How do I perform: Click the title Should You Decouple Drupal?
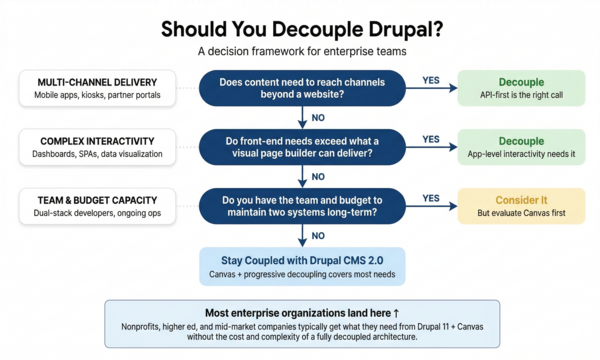(x=300, y=28)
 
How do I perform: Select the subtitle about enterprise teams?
(x=300, y=51)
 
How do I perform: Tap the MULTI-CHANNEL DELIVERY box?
(x=97, y=88)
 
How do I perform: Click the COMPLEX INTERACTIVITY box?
(x=97, y=148)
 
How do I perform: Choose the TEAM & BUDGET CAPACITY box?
(x=97, y=206)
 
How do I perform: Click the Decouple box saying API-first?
(x=521, y=88)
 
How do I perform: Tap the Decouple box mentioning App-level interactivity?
(x=521, y=147)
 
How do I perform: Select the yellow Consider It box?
(x=521, y=206)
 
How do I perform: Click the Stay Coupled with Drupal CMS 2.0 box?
(x=302, y=266)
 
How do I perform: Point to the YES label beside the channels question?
(x=432, y=80)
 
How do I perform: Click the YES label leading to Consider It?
(x=432, y=198)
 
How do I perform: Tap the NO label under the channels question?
(x=318, y=119)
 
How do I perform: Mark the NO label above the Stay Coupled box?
(x=318, y=236)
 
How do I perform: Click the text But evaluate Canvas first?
(x=521, y=214)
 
